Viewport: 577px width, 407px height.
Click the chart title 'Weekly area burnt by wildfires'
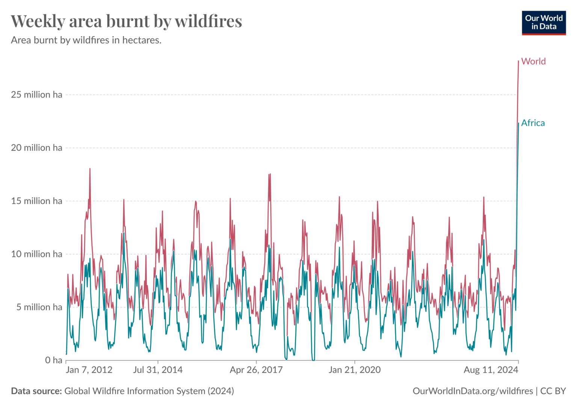pyautogui.click(x=126, y=21)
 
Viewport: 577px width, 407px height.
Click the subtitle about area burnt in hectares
pyautogui.click(x=86, y=40)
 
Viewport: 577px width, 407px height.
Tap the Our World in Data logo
pyautogui.click(x=544, y=23)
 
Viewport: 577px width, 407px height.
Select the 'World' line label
pyautogui.click(x=533, y=61)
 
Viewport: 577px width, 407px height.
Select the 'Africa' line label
pyautogui.click(x=533, y=123)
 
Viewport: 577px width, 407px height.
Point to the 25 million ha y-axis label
pyautogui.click(x=36, y=95)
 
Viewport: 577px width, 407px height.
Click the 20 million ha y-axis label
pyautogui.click(x=36, y=148)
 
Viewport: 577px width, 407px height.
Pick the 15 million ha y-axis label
pyautogui.click(x=36, y=201)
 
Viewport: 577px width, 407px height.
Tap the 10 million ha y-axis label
pyautogui.click(x=36, y=254)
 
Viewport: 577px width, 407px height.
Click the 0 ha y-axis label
pyautogui.click(x=54, y=360)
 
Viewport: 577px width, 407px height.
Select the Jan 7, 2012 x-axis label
pyautogui.click(x=89, y=370)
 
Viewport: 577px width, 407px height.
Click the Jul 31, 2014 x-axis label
pyautogui.click(x=158, y=370)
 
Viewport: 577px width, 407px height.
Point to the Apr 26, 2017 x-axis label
pyautogui.click(x=256, y=370)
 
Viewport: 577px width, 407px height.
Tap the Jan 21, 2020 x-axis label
pyautogui.click(x=355, y=370)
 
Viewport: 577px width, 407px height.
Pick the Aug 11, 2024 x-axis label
pyautogui.click(x=491, y=370)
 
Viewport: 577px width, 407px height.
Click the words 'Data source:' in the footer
pyautogui.click(x=36, y=391)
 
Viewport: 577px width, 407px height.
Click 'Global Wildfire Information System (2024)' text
pyautogui.click(x=149, y=391)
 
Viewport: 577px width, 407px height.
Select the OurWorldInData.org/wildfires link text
pyautogui.click(x=473, y=391)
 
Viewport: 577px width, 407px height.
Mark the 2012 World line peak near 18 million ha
pyautogui.click(x=90, y=169)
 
